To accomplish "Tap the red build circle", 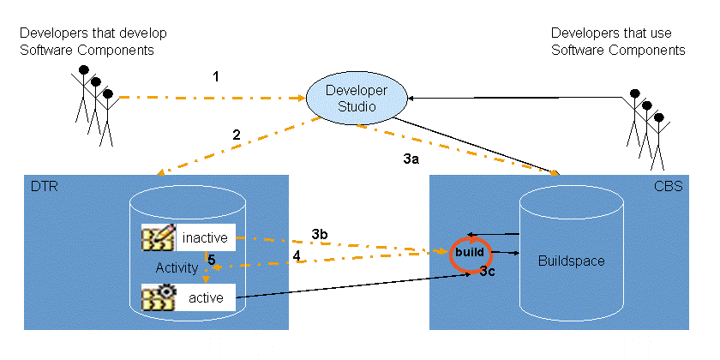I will pyautogui.click(x=470, y=254).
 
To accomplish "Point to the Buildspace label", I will pyautogui.click(x=571, y=261).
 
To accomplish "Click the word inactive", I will pyautogui.click(x=206, y=237).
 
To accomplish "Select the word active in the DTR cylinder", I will pyautogui.click(x=206, y=298).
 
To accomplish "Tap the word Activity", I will pyautogui.click(x=177, y=268).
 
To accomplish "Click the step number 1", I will pyautogui.click(x=216, y=77).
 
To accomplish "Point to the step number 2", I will pyautogui.click(x=236, y=134).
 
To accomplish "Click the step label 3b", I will pyautogui.click(x=320, y=234).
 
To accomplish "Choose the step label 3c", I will pyautogui.click(x=488, y=272).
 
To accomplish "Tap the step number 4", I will pyautogui.click(x=297, y=255).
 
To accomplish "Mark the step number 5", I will pyautogui.click(x=211, y=258).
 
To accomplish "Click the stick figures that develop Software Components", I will pyautogui.click(x=93, y=103).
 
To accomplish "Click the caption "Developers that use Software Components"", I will pyautogui.click(x=617, y=41).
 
